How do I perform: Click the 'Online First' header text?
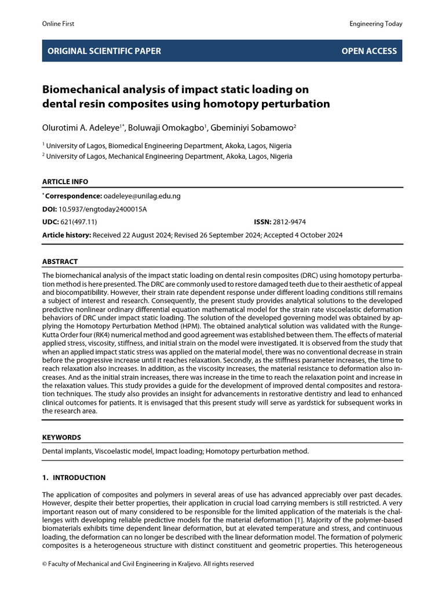(x=59, y=24)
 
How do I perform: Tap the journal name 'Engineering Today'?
(x=375, y=24)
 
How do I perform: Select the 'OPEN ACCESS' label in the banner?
(x=369, y=51)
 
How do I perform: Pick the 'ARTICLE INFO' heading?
(x=65, y=182)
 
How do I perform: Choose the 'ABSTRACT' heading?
(x=60, y=262)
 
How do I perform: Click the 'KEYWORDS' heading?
(x=62, y=437)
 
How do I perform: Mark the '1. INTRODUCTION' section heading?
(x=74, y=478)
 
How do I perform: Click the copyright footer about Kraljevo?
(x=148, y=563)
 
